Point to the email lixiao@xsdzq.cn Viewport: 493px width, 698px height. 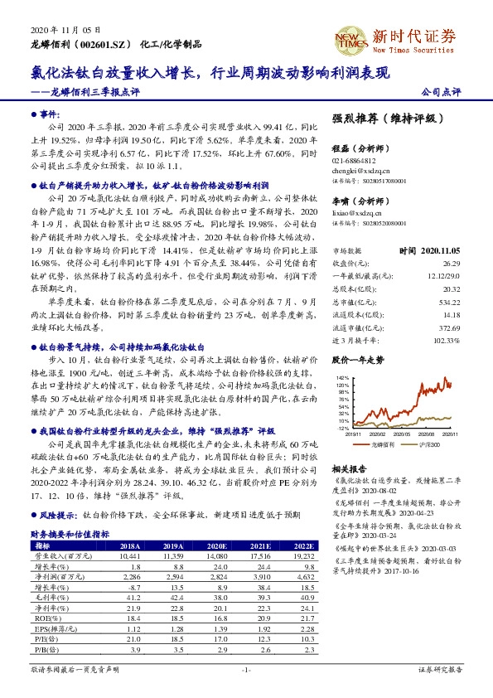tap(355, 213)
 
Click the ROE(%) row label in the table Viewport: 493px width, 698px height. tap(42, 618)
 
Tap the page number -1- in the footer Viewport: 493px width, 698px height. tap(245, 669)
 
